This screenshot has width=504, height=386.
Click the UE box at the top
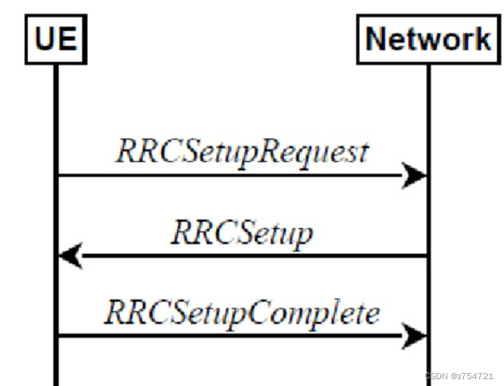(55, 39)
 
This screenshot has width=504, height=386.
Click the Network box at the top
(428, 39)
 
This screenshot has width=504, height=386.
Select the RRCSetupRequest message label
(242, 151)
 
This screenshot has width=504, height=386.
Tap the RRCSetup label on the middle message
(242, 233)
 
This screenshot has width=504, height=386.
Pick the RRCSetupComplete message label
(242, 313)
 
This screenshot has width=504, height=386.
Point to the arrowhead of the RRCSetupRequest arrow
(415, 175)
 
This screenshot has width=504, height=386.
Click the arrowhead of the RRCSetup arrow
(70, 256)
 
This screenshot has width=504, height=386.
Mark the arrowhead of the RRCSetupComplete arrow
(415, 336)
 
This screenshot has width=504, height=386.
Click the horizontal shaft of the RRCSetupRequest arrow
(225, 175)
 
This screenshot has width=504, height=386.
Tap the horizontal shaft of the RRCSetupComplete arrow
(225, 336)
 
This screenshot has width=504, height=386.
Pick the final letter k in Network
(481, 39)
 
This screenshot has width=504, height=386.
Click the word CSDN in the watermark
(435, 376)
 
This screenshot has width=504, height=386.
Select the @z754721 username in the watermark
(472, 376)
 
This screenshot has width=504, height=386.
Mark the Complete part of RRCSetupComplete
(323, 313)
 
